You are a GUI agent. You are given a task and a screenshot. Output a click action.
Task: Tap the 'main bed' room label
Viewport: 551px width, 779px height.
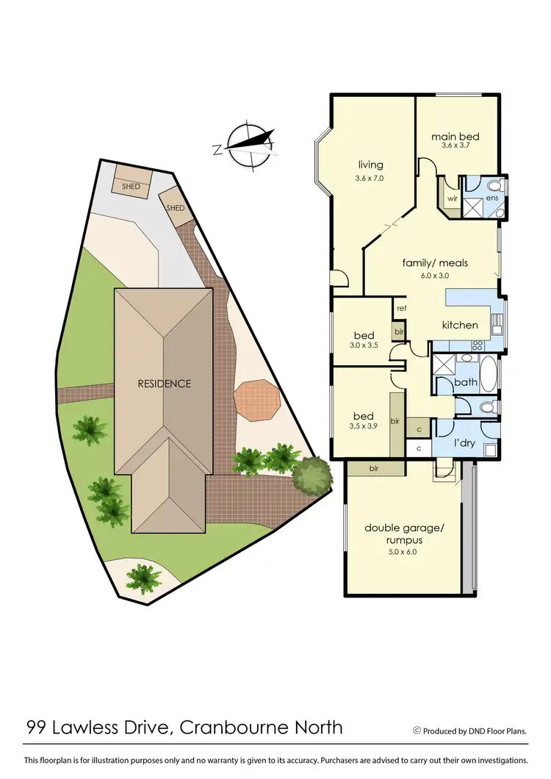click(455, 137)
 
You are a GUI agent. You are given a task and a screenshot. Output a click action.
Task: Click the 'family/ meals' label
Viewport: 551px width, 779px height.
click(435, 262)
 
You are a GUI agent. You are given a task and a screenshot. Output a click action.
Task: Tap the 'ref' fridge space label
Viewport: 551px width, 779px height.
click(401, 308)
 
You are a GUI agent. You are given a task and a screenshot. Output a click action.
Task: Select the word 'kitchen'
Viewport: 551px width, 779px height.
click(460, 325)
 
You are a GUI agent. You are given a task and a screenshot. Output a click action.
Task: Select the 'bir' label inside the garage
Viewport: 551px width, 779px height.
click(374, 468)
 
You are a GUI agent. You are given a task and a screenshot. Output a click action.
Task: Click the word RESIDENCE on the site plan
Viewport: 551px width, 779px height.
click(165, 384)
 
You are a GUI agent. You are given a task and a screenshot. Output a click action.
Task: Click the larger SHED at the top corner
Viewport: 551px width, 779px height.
click(132, 183)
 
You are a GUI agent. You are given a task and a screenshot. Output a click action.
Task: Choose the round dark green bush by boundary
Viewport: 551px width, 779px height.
click(312, 475)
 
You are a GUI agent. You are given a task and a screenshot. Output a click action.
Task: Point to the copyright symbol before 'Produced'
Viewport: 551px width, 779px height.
click(417, 730)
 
